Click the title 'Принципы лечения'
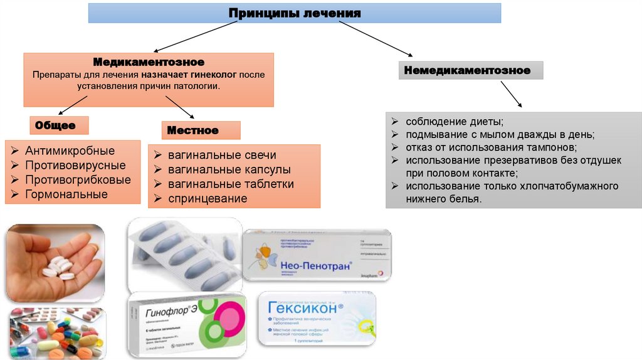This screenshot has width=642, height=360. point(294,13)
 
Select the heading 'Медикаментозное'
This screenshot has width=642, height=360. point(149,62)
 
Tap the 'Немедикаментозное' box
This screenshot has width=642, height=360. point(467,70)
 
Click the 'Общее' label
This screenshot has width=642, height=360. point(55,125)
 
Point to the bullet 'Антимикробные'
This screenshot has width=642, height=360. point(70,151)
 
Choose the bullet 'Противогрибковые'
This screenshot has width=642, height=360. point(78,180)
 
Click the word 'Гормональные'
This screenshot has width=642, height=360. point(66,194)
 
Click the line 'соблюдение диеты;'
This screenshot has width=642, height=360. point(455,121)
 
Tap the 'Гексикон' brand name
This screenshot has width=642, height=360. point(305,309)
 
